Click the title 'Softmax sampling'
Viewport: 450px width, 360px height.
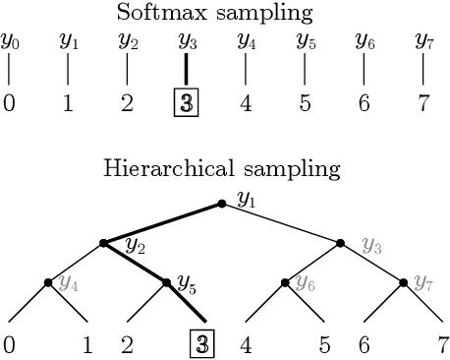(x=224, y=13)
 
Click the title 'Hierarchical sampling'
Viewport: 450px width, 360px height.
(x=222, y=169)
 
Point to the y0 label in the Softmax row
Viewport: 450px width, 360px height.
(x=10, y=42)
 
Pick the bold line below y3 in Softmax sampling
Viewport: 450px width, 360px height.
(x=187, y=69)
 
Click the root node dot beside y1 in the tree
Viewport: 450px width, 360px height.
(x=223, y=203)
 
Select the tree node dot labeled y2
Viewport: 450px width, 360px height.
(x=103, y=243)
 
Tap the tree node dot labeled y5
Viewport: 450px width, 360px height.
(x=164, y=283)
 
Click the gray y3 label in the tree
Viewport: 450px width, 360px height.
(x=370, y=244)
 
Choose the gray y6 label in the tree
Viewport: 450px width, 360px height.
(x=306, y=284)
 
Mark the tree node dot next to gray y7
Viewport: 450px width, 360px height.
(x=404, y=283)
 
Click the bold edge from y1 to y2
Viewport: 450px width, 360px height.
(x=163, y=223)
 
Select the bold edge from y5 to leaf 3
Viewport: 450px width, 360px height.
(x=187, y=303)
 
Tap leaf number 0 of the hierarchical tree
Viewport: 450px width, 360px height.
(x=9, y=345)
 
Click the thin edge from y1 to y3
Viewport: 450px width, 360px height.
(x=283, y=223)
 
